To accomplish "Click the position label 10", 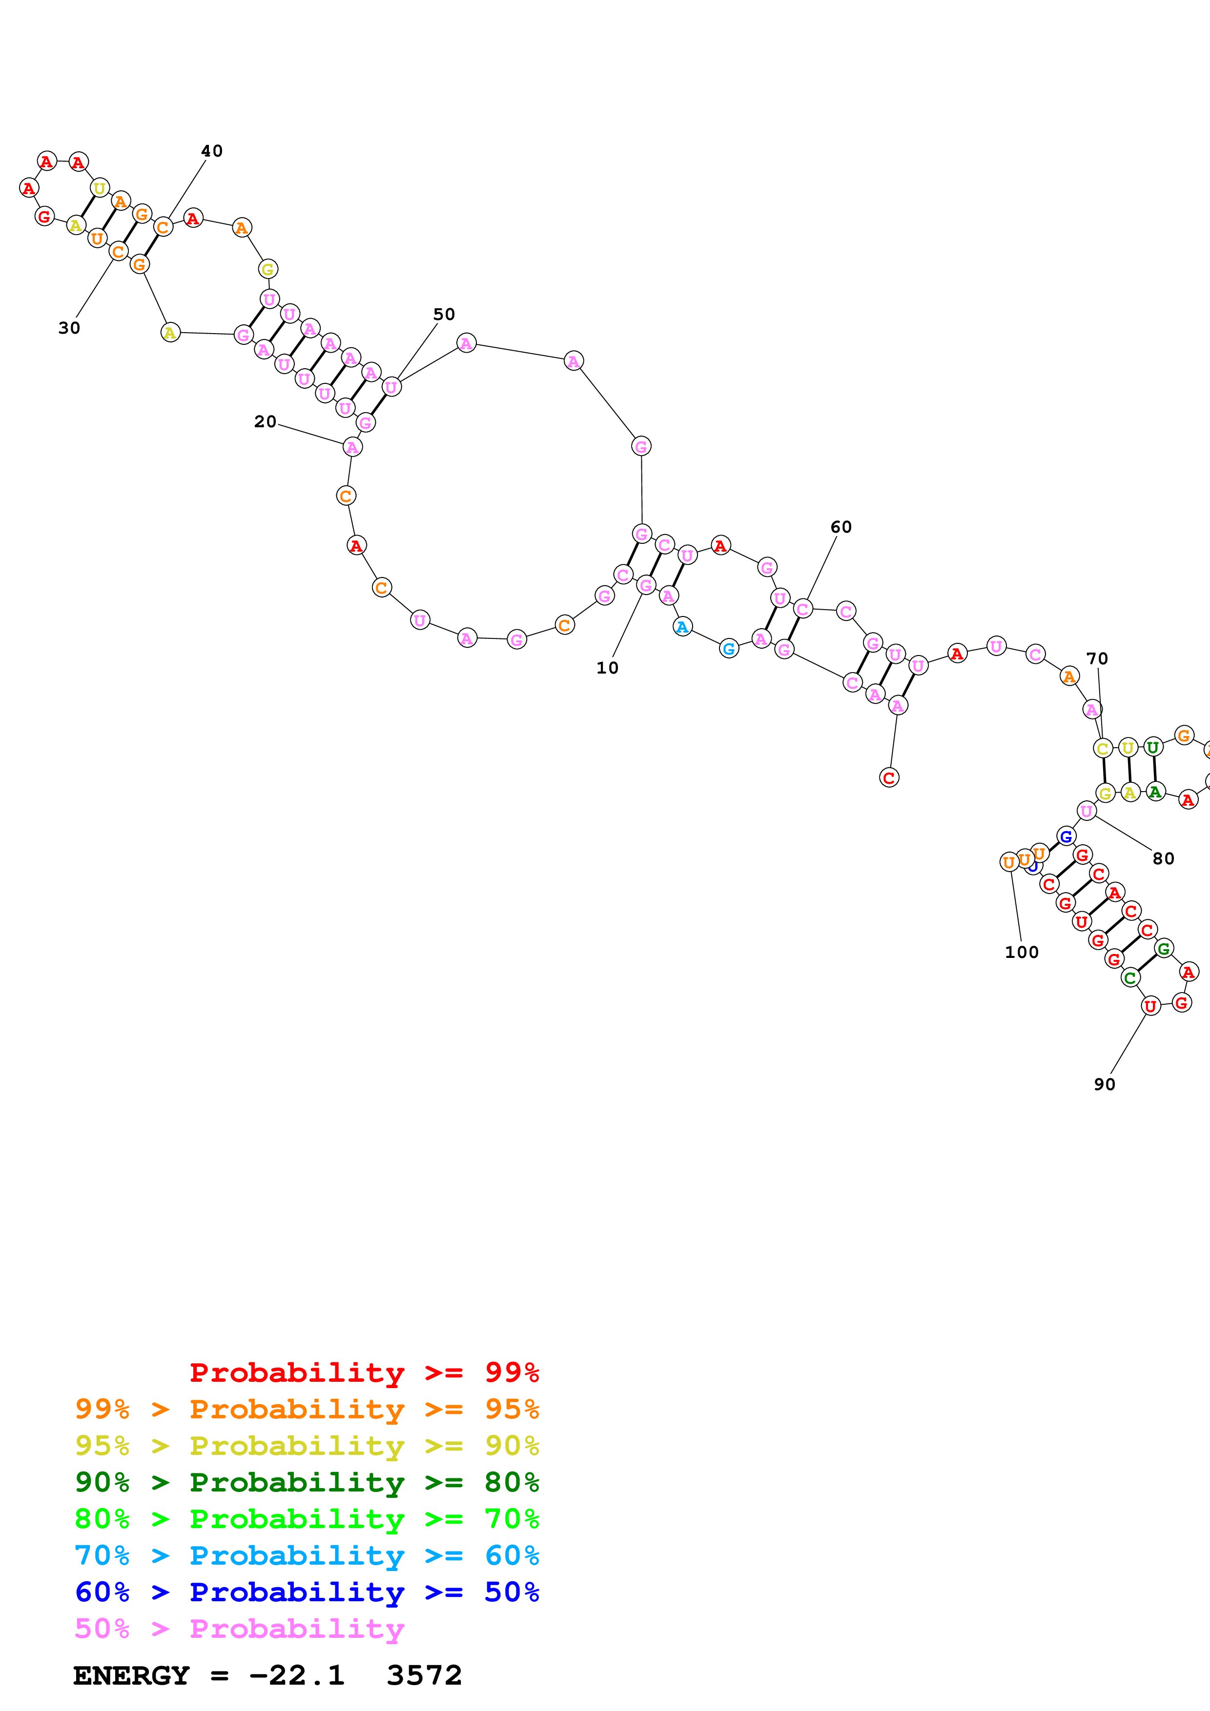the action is point(607,668).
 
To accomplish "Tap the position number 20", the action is point(265,422).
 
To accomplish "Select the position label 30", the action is point(69,328).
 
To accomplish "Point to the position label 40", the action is point(212,151).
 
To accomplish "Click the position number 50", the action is point(444,315).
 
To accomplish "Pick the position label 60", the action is point(841,527).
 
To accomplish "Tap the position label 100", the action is point(1022,953).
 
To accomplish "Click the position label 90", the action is point(1104,1084).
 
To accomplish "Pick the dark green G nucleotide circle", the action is point(1164,949).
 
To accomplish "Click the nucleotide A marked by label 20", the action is point(352,447).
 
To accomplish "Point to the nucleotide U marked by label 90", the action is point(1151,1006).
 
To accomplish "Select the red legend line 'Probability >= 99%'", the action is point(364,1373).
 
